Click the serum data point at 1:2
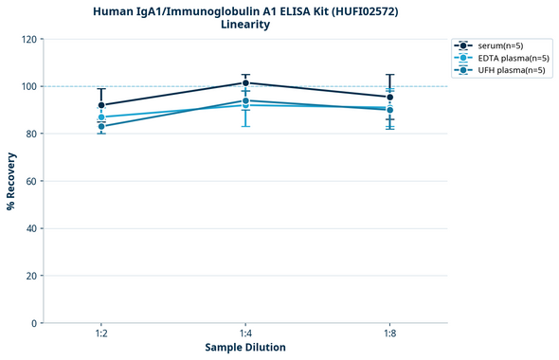point(101,105)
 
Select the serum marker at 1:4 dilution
point(245,82)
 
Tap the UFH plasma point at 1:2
point(101,126)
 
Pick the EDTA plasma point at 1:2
point(101,117)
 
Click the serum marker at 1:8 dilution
point(389,97)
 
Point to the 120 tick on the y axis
point(28,40)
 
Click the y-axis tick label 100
point(28,87)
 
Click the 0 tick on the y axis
point(34,323)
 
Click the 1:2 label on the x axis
point(101,334)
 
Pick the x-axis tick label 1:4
point(245,334)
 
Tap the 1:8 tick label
point(389,334)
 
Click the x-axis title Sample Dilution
point(245,348)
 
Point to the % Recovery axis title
point(10,180)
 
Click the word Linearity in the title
point(244,24)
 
